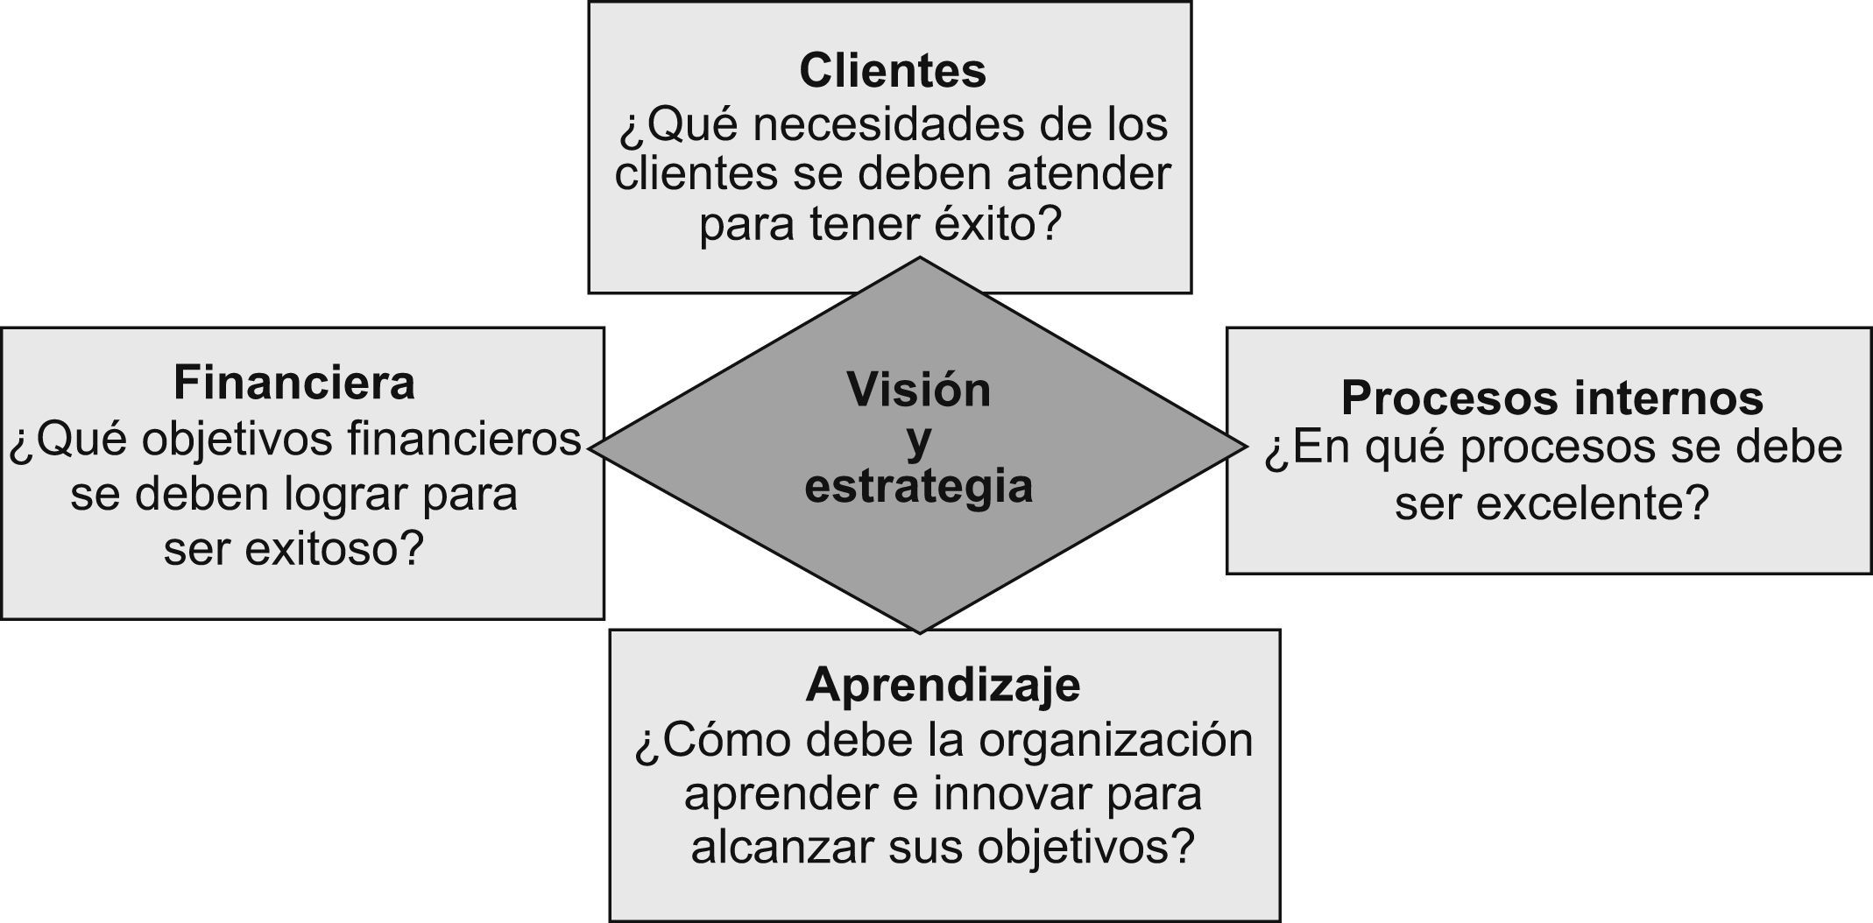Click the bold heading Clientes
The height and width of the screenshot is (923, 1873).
(892, 71)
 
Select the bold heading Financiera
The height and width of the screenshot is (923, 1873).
(294, 383)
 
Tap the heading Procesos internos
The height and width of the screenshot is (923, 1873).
(1551, 398)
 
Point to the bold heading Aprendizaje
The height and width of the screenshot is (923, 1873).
(943, 684)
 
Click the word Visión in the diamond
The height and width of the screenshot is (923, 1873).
(918, 390)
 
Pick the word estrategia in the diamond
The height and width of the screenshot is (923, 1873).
(918, 486)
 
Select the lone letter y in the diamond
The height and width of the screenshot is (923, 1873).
(918, 440)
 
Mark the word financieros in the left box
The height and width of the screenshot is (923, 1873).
(464, 440)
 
